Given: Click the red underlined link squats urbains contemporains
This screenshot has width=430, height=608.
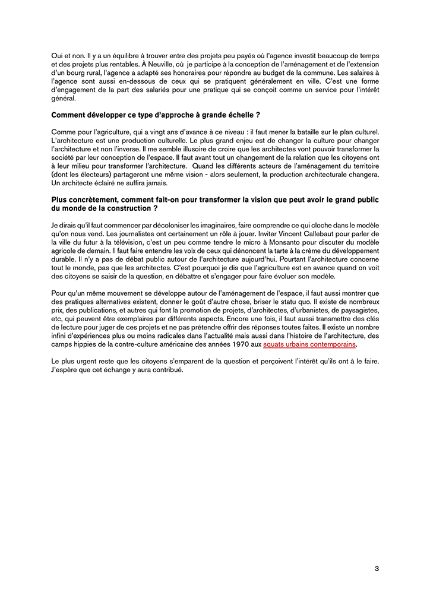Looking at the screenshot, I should tap(309, 344).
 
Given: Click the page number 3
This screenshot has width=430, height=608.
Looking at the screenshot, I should tap(377, 569).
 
